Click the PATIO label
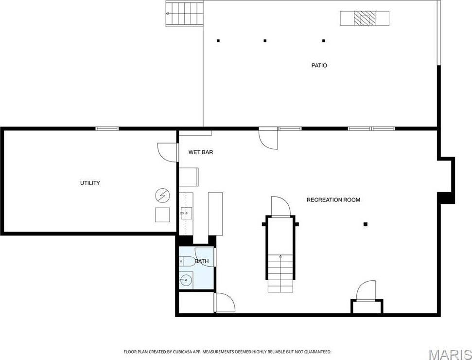(x=319, y=65)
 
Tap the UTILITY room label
(x=90, y=183)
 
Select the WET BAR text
(x=201, y=152)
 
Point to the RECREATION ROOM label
(x=333, y=200)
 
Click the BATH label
(x=202, y=262)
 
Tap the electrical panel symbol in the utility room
(x=162, y=196)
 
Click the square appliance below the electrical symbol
(x=162, y=215)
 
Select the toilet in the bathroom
(x=187, y=261)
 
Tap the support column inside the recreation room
(x=366, y=224)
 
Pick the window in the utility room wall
(x=107, y=128)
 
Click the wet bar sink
(x=186, y=213)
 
